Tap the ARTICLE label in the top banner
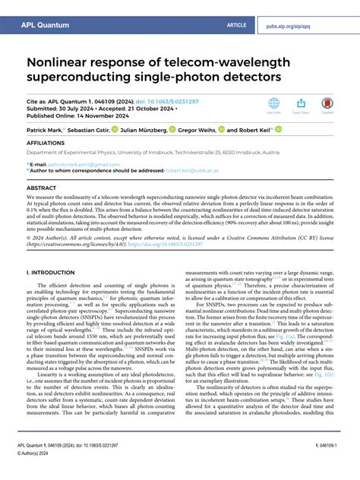click(x=236, y=25)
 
